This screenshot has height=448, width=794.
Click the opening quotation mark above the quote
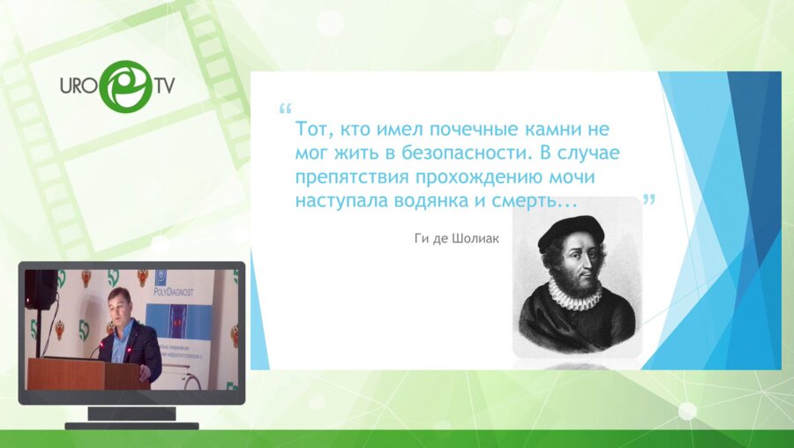284,110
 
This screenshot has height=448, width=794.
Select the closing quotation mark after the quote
649,200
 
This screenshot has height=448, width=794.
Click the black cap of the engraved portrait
571,232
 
